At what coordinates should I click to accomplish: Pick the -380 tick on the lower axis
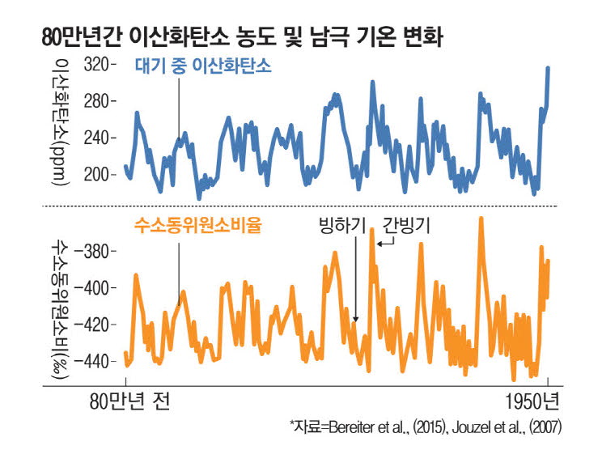[x=98, y=251]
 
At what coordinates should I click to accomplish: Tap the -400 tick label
[x=98, y=287]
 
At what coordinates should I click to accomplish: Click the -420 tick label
[x=98, y=325]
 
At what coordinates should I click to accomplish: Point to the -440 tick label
[x=98, y=361]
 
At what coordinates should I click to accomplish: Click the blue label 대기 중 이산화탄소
[x=203, y=68]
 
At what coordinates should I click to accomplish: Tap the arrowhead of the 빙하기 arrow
[x=355, y=320]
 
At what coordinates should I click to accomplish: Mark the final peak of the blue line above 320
[x=548, y=68]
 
